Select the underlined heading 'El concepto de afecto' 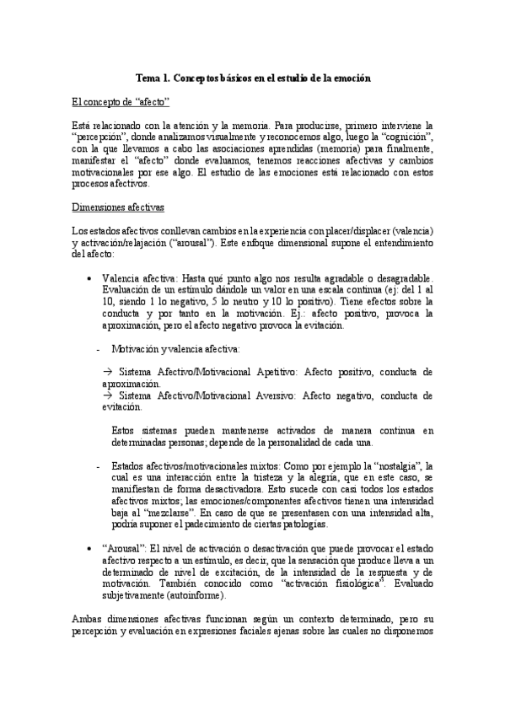click(x=121, y=102)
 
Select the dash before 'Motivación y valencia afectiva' click(x=99, y=348)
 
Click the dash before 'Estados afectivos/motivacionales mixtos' click(x=99, y=465)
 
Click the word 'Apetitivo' click(x=270, y=371)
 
